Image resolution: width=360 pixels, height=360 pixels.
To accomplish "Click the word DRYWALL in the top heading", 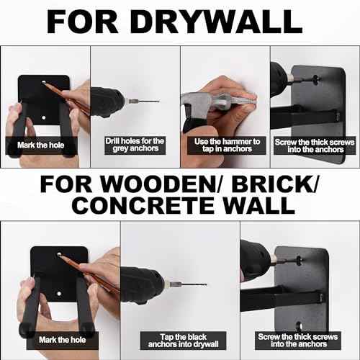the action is [216, 22].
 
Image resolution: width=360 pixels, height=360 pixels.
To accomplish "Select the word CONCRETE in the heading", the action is [143, 206].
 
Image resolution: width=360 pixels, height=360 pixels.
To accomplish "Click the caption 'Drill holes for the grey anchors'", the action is [135, 145].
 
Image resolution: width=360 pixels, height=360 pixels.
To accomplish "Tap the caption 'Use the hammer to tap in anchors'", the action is [227, 145].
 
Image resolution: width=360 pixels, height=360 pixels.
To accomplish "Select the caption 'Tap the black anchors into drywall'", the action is [184, 341].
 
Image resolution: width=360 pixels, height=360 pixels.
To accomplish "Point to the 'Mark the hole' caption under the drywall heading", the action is [41, 145].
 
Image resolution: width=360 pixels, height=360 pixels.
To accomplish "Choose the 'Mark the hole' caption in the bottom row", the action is [63, 340].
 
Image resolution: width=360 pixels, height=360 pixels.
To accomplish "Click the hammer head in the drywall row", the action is [197, 102].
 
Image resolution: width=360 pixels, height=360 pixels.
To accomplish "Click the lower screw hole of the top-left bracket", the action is [44, 118].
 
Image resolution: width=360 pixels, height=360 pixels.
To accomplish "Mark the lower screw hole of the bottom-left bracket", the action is [59, 293].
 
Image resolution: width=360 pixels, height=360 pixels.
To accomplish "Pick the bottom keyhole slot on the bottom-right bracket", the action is [299, 326].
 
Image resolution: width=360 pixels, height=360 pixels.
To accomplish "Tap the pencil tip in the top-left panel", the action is [43, 82].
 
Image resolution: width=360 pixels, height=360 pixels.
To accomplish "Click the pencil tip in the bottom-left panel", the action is [58, 255].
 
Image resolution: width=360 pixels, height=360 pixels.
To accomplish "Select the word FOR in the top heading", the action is [82, 22].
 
